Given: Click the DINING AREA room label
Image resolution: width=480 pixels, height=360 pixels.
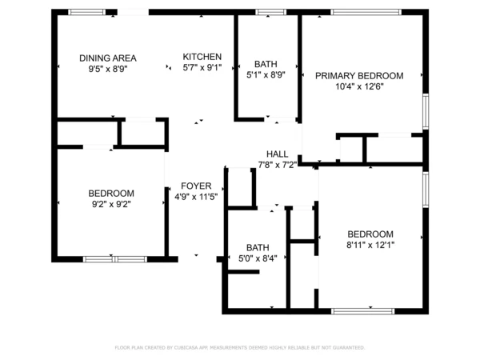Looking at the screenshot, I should (107, 58).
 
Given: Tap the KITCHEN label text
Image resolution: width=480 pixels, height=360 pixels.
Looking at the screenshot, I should (202, 57).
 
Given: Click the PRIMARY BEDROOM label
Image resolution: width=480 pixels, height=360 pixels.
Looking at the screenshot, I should (358, 76).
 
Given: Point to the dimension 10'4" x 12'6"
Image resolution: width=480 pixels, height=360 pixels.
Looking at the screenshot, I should (358, 87).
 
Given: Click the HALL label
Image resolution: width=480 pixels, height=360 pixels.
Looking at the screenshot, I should (277, 154).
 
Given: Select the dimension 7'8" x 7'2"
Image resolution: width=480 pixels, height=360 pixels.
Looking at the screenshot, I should (277, 165).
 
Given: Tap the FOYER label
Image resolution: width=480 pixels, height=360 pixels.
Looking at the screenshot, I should (196, 186).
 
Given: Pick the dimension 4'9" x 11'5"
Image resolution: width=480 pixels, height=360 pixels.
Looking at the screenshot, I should (196, 197).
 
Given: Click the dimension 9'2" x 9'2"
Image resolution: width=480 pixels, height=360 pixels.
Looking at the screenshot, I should (110, 205).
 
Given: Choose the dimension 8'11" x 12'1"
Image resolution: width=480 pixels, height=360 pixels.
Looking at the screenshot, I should (370, 245).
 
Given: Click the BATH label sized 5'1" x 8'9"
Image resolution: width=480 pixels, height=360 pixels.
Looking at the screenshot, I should (266, 64).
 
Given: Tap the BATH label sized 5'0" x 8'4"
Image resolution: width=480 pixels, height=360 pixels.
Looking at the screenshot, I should (258, 247).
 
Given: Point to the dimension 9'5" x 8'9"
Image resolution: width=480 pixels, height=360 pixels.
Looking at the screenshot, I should (107, 70).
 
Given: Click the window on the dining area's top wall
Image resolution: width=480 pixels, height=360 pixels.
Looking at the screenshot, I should (86, 12).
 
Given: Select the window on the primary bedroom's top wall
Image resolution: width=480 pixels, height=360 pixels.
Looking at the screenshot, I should (355, 12).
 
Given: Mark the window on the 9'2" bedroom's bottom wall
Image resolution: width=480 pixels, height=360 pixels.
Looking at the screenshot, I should (114, 259).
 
